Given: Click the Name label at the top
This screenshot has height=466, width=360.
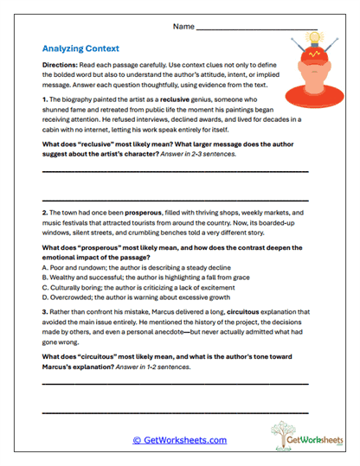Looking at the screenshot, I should pyautogui.click(x=183, y=27).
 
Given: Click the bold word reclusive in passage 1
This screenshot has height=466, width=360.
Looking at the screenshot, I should pyautogui.click(x=190, y=100).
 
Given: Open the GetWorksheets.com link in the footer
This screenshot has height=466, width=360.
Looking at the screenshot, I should pyautogui.click(x=179, y=440).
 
